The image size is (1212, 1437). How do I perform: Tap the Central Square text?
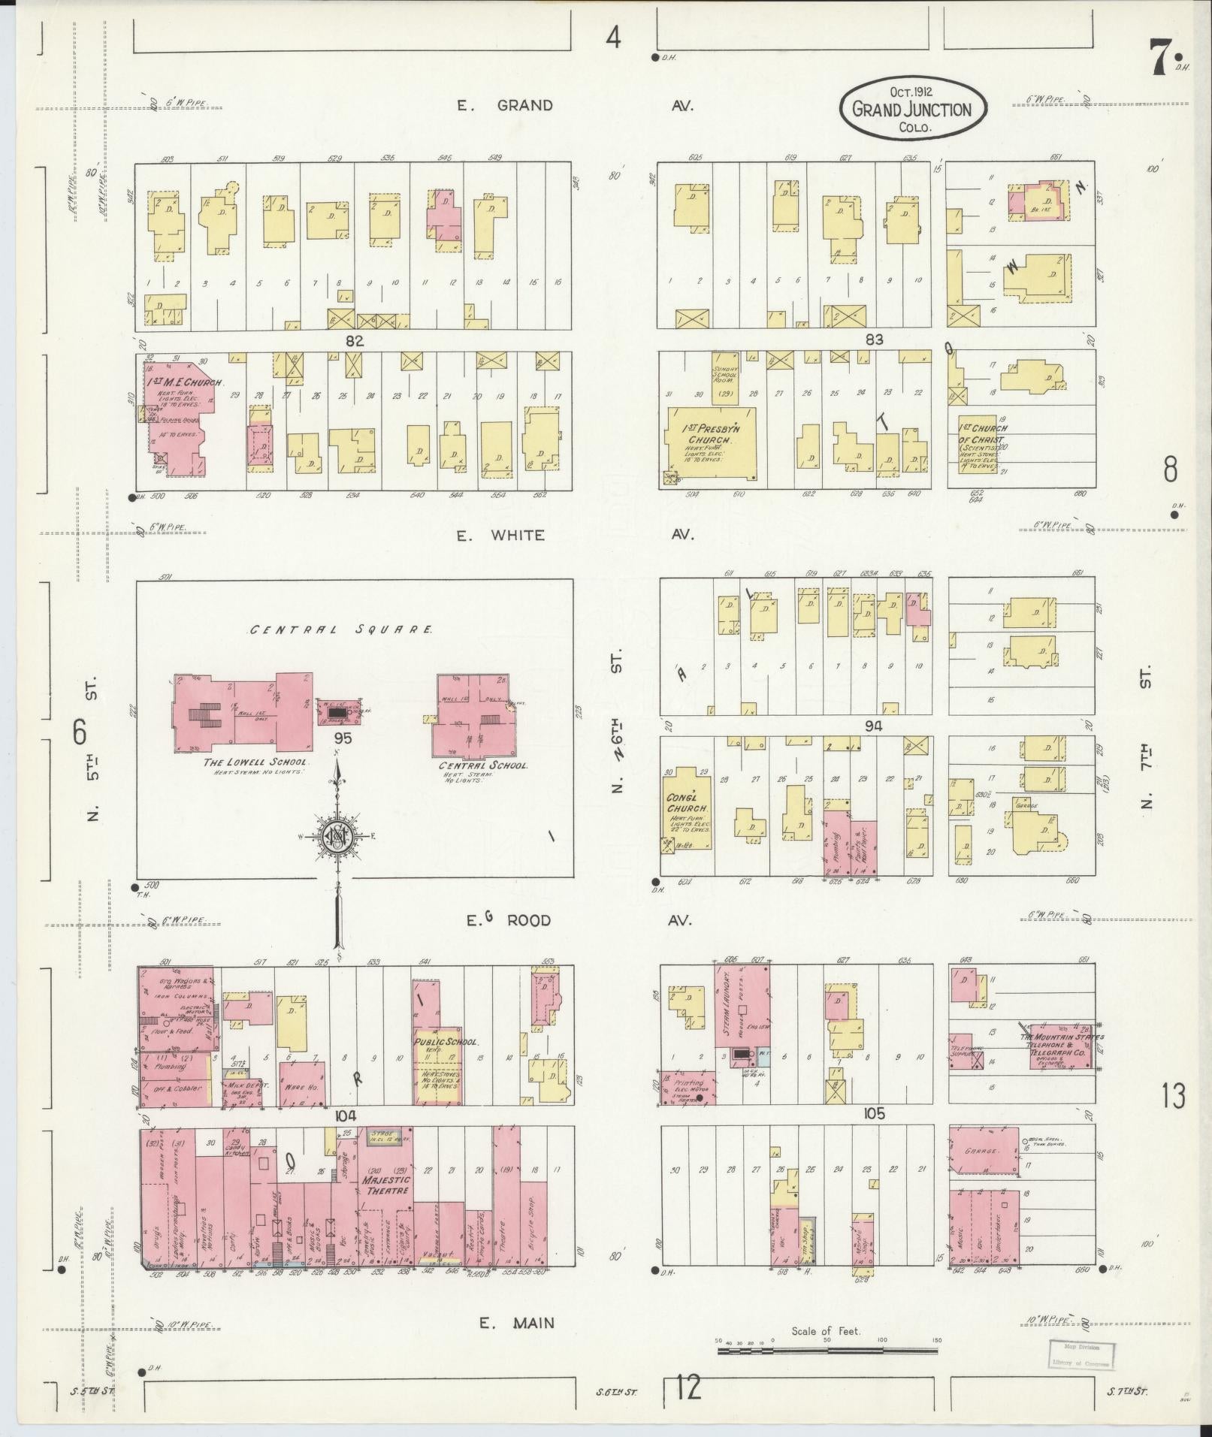click(341, 629)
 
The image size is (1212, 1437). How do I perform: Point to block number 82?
click(354, 340)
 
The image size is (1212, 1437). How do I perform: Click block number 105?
click(875, 1113)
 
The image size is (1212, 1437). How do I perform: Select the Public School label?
click(446, 1043)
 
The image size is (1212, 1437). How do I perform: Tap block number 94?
click(873, 726)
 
